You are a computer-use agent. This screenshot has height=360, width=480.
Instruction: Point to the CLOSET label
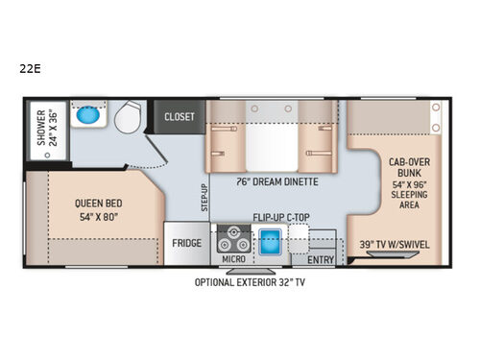coord(180,117)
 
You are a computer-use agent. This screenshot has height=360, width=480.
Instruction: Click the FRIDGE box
coord(187,243)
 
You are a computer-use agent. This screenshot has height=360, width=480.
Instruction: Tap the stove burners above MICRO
coord(231,237)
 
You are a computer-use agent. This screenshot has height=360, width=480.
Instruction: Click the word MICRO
coord(232,259)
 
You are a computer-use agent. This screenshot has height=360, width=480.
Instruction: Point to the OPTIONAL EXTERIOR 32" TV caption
coord(250,281)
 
